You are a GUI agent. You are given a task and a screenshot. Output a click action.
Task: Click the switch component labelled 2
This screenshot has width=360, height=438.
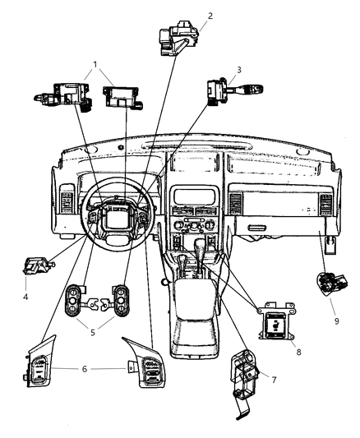click(178, 38)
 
